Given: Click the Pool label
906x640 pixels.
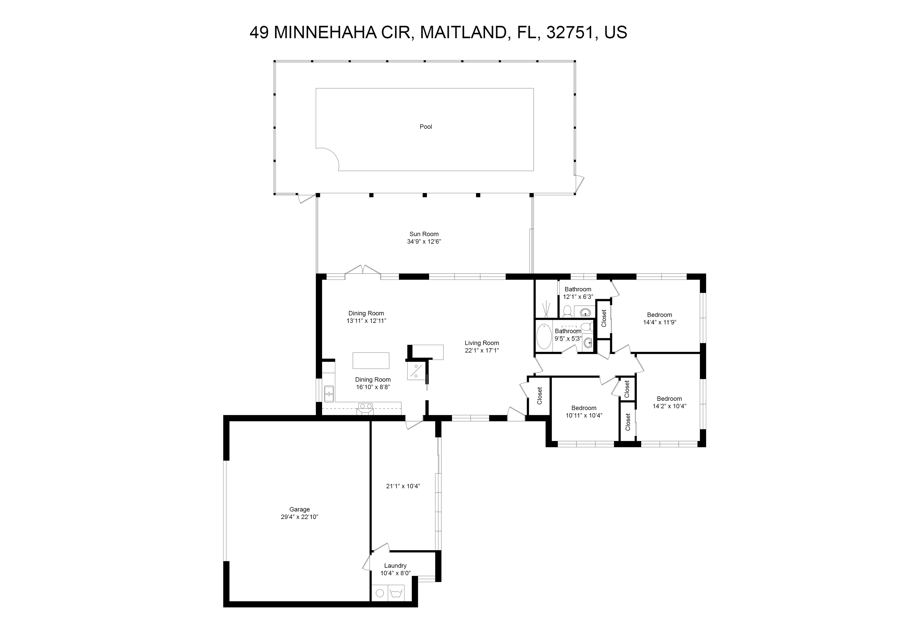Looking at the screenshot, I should click(426, 126).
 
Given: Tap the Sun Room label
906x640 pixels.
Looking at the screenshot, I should click(424, 234).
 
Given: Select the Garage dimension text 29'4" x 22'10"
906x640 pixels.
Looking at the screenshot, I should click(300, 517).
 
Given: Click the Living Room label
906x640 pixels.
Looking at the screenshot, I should click(482, 343).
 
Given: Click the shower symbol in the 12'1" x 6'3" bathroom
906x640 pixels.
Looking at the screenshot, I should click(546, 310).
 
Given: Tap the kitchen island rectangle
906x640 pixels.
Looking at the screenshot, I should click(371, 361).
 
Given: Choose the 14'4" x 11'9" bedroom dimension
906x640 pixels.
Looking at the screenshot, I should click(660, 322).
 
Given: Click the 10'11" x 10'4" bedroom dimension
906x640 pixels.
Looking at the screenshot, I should click(584, 415).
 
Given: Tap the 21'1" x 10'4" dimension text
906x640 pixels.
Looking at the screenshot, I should click(403, 486).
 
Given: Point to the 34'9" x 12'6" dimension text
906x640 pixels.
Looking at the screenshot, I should click(424, 241).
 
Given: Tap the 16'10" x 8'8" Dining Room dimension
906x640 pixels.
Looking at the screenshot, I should click(373, 387).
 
